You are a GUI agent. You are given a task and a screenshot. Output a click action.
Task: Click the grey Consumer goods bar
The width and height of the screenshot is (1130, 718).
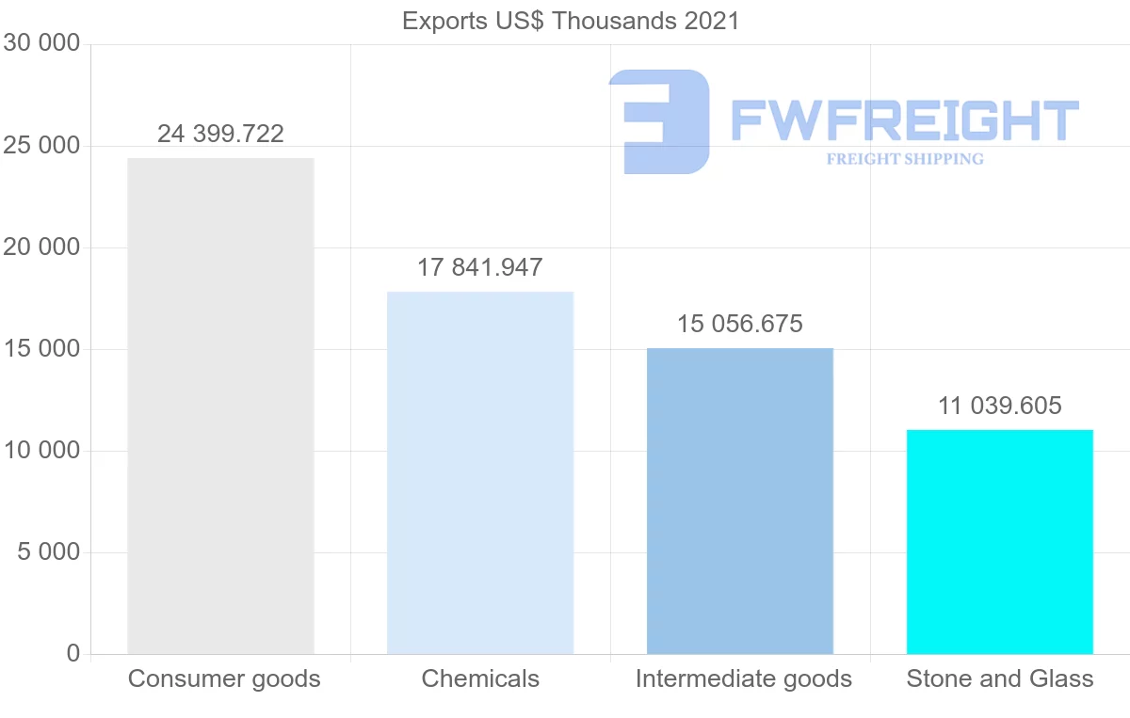220,406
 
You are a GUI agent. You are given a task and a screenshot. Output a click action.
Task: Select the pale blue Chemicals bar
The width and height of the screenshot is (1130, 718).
480,472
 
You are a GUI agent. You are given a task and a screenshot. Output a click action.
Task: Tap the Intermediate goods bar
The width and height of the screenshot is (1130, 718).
740,501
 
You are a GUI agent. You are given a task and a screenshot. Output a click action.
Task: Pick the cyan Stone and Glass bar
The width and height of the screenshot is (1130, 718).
999,541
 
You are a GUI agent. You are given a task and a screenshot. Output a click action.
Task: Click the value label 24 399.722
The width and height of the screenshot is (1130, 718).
220,134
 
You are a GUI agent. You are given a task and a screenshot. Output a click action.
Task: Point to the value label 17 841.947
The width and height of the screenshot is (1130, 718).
480,267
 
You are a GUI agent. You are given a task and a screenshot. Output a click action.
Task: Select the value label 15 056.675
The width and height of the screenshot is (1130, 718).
740,324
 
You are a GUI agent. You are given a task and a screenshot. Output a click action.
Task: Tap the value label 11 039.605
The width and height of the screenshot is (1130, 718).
999,406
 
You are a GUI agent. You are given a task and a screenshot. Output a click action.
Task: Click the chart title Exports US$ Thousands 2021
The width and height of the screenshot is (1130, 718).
571,21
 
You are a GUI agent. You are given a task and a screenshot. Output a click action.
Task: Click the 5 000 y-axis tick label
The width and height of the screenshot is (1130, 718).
48,552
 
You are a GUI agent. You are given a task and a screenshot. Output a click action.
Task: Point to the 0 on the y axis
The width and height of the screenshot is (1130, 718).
73,654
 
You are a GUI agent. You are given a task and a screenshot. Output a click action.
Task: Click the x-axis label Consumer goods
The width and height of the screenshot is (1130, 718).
224,678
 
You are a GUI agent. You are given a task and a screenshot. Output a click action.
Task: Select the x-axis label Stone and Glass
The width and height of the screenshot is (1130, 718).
1000,678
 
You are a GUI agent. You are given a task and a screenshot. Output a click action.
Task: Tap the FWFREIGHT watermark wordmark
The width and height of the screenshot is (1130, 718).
904,120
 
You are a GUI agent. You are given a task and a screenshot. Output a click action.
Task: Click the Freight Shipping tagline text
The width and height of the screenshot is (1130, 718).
904,159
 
